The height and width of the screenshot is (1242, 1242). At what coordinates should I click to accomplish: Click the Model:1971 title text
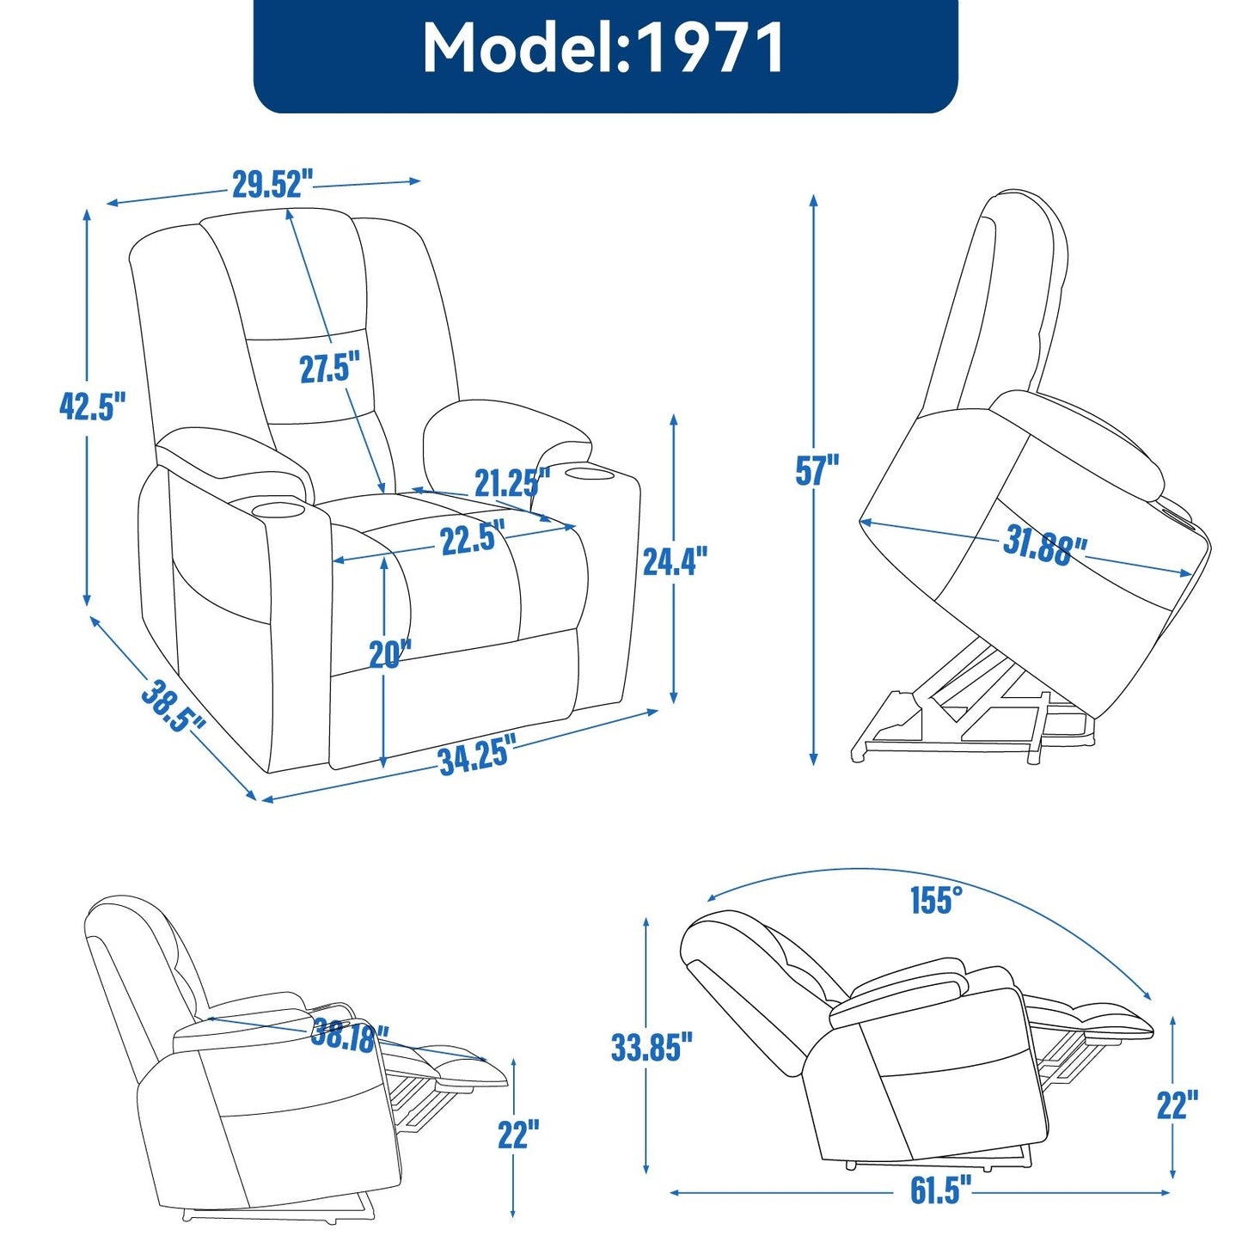pyautogui.click(x=604, y=49)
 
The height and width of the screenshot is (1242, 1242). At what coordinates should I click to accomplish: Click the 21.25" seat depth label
pyautogui.click(x=512, y=483)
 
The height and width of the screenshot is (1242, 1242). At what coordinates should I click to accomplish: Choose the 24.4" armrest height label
pyautogui.click(x=675, y=562)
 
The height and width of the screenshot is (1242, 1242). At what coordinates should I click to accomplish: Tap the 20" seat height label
pyautogui.click(x=389, y=654)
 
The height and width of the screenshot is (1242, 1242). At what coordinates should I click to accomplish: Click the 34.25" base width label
pyautogui.click(x=476, y=756)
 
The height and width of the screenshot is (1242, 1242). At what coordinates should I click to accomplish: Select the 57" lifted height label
pyautogui.click(x=817, y=470)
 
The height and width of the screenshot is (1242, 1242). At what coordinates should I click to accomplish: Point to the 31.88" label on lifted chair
pyautogui.click(x=1044, y=547)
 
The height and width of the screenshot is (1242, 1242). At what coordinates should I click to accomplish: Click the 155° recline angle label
pyautogui.click(x=936, y=901)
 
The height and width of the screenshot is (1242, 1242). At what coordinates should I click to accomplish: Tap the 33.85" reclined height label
pyautogui.click(x=652, y=1047)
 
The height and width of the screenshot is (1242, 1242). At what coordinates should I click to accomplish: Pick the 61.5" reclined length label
pyautogui.click(x=940, y=1191)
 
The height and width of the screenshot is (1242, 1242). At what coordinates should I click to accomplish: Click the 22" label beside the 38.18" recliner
pyautogui.click(x=518, y=1135)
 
